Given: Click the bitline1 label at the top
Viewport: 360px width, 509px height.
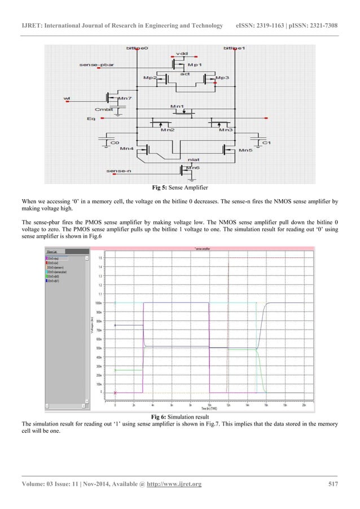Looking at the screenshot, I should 234,49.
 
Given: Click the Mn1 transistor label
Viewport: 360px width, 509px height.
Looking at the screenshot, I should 177,106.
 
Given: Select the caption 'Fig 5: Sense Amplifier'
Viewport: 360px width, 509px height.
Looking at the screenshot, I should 179,187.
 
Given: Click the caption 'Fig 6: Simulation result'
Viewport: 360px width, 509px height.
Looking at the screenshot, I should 179,415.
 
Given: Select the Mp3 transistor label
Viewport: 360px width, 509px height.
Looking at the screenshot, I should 222,77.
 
